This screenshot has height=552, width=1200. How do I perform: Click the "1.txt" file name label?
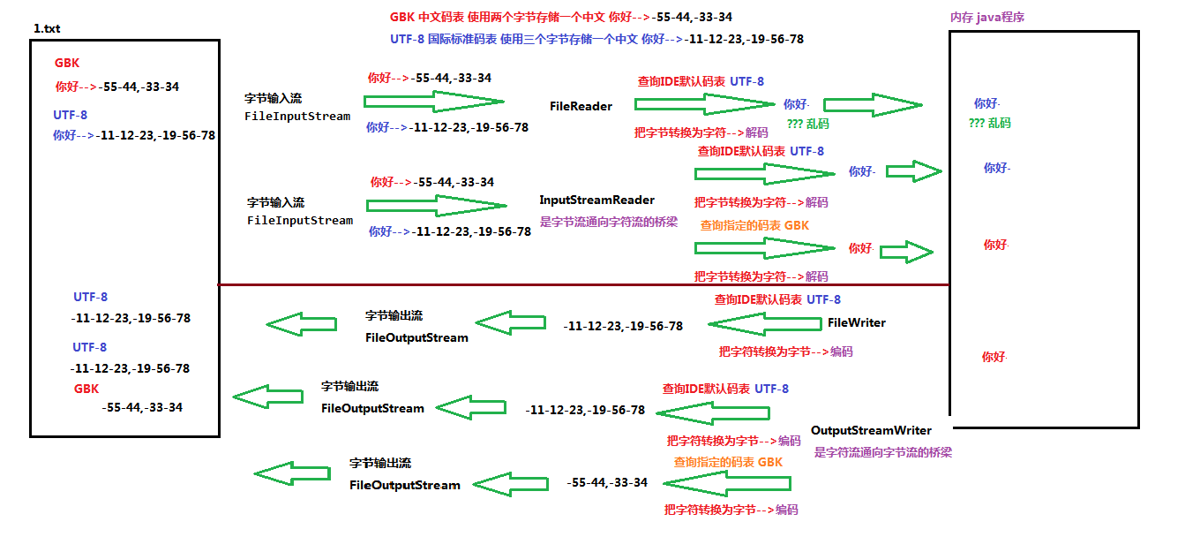pyautogui.click(x=48, y=29)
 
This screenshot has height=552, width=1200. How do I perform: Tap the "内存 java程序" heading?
pyautogui.click(x=986, y=18)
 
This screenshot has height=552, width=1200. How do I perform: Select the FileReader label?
pyautogui.click(x=581, y=106)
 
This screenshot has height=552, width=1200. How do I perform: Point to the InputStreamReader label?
pyautogui.click(x=596, y=200)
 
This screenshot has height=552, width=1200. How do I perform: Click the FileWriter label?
pyautogui.click(x=856, y=323)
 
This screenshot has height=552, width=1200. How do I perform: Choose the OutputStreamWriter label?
pyautogui.click(x=871, y=431)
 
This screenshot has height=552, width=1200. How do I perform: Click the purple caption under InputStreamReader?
pyautogui.click(x=608, y=223)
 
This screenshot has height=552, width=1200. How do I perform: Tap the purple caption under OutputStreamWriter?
pyautogui.click(x=882, y=452)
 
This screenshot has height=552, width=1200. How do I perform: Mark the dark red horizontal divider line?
pyautogui.click(x=582, y=284)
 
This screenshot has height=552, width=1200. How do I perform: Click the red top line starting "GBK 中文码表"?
pyautogui.click(x=560, y=17)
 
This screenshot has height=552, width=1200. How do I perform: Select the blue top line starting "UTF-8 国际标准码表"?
pyautogui.click(x=596, y=39)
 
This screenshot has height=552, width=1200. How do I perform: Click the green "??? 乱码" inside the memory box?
pyautogui.click(x=989, y=124)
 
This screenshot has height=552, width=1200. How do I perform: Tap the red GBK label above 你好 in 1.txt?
pyautogui.click(x=67, y=64)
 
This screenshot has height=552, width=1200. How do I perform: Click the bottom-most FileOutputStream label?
pyautogui.click(x=404, y=485)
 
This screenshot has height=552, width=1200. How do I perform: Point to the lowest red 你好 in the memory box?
pyautogui.click(x=994, y=358)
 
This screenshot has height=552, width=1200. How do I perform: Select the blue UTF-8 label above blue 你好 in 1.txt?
pyautogui.click(x=70, y=115)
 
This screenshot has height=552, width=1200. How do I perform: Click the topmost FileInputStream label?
pyautogui.click(x=297, y=117)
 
